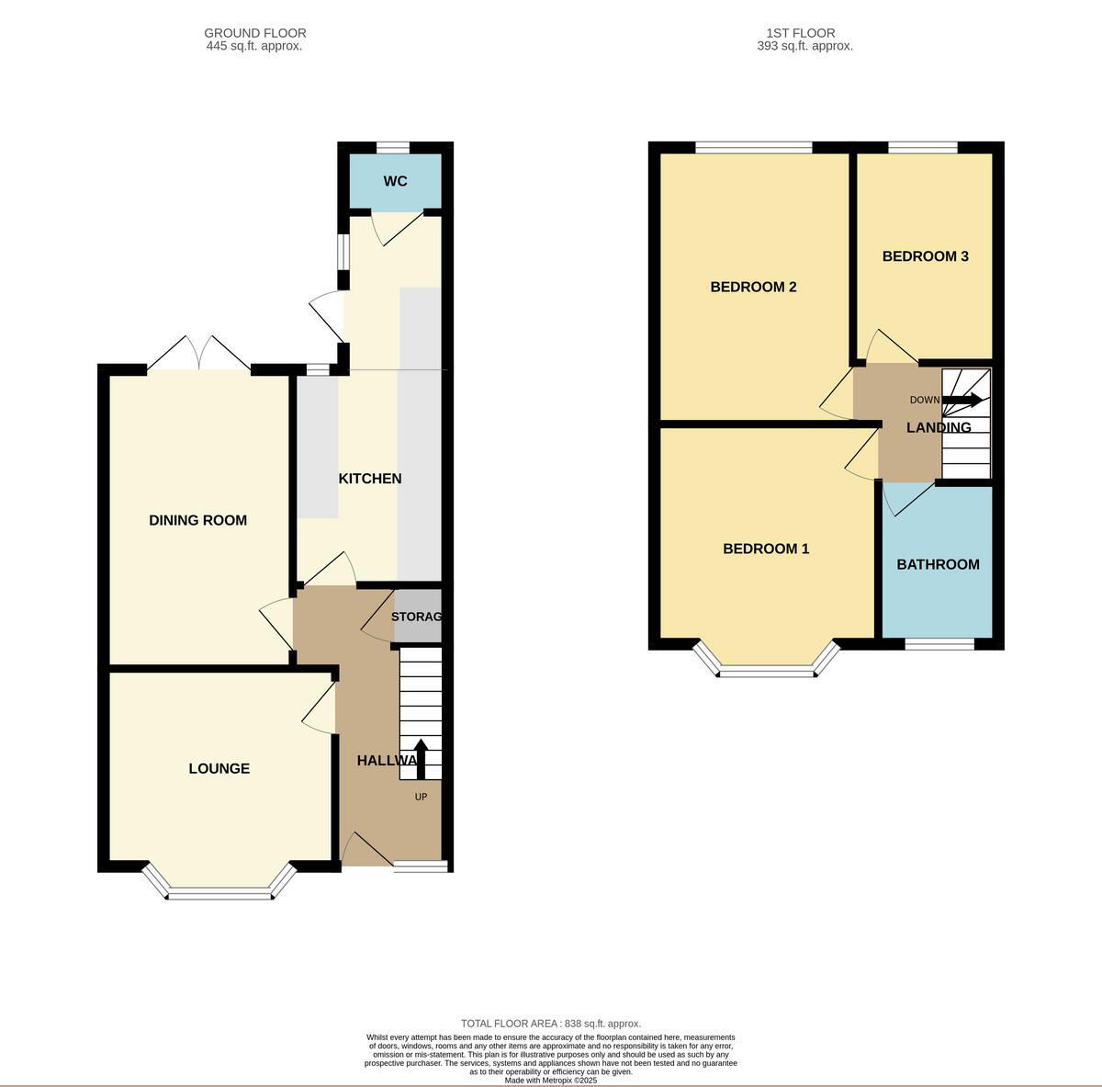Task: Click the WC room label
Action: [x=395, y=181]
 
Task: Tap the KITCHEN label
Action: [x=370, y=479]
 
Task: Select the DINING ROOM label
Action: [x=197, y=520]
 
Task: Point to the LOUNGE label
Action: [x=219, y=768]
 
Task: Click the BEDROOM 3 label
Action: [x=925, y=256]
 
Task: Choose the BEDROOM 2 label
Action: [x=753, y=287]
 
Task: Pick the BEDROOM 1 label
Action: [x=766, y=549]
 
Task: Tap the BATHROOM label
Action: [x=938, y=564]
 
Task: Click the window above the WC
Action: [x=393, y=147]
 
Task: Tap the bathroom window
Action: [x=939, y=644]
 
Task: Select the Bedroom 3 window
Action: [x=922, y=147]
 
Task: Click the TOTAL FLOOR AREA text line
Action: [x=551, y=1024]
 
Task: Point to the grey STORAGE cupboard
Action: [x=418, y=617]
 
